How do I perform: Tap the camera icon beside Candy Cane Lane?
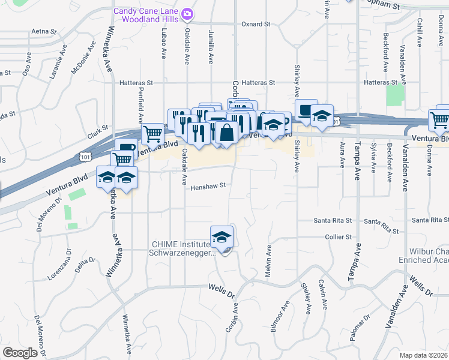pos(187,13)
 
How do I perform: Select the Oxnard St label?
pos(256,25)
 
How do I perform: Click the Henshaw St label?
pos(208,186)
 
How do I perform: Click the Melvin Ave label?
pos(269,263)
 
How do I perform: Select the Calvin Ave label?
pos(322,294)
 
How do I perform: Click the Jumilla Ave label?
pos(211,46)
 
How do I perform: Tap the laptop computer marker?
pos(306,112)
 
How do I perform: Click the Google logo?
pos(20,352)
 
